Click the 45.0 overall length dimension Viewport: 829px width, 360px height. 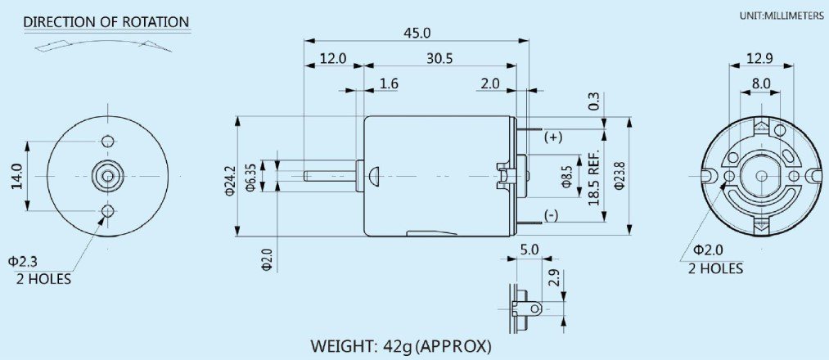tap(416, 32)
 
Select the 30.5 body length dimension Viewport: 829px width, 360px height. tap(439, 59)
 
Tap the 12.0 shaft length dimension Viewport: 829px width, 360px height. tap(332, 59)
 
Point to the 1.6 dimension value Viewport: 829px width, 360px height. tap(390, 83)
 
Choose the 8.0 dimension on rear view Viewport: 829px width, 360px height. tap(760, 83)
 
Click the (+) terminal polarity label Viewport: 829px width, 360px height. tap(554, 137)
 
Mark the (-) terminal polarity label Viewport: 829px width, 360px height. tap(552, 216)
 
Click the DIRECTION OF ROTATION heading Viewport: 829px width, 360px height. tap(106, 21)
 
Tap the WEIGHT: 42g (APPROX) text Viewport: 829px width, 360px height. tap(401, 345)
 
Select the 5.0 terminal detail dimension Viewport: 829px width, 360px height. tap(529, 249)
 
